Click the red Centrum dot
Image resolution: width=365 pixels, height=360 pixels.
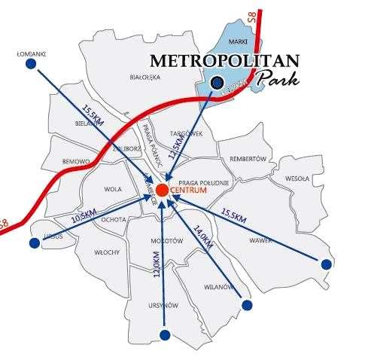tap(163, 189)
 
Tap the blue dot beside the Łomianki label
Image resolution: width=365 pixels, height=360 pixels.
tap(31, 65)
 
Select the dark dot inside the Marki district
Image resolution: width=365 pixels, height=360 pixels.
tap(217, 83)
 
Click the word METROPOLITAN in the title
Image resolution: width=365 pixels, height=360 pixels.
tap(225, 60)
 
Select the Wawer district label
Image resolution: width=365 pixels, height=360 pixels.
tap(260, 241)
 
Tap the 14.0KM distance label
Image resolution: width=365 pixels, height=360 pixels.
tap(203, 239)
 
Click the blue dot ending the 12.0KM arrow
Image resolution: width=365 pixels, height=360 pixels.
tap(163, 334)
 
